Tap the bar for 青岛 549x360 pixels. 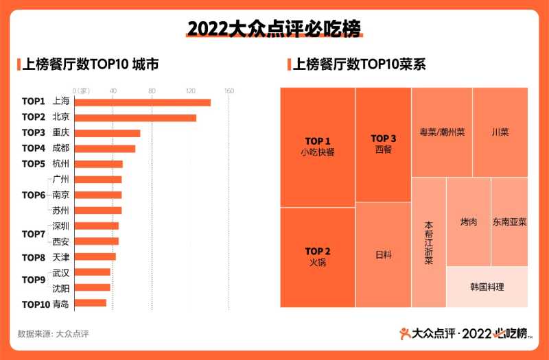point(90,303)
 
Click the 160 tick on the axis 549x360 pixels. point(229,91)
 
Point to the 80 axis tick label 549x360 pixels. point(152,91)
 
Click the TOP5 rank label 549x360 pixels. point(33,164)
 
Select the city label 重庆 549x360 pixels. point(61,132)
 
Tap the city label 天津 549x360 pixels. point(61,257)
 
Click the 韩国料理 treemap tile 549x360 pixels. point(487,287)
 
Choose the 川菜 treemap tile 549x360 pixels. point(500,132)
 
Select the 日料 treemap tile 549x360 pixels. point(383,254)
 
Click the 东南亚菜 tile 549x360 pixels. point(509,221)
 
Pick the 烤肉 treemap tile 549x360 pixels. point(469,221)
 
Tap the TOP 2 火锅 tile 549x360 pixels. point(318,256)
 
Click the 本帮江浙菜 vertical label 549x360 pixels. point(428,242)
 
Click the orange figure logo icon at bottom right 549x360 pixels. point(406,334)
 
